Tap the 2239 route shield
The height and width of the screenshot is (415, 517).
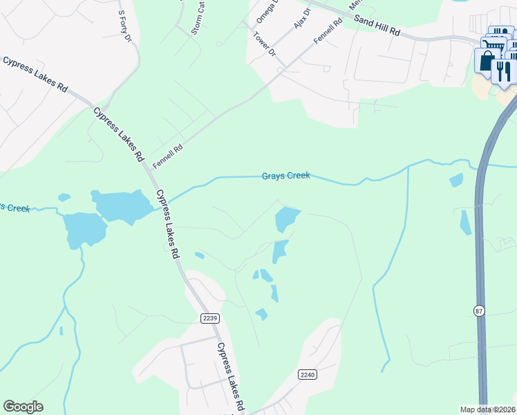(211, 317)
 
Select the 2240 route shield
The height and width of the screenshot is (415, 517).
(308, 374)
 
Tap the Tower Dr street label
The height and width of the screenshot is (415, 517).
(264, 44)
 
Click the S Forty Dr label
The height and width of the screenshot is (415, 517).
(124, 26)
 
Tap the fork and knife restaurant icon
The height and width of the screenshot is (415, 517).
(504, 70)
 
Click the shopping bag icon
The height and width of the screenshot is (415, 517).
(487, 61)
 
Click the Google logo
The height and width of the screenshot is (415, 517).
(23, 407)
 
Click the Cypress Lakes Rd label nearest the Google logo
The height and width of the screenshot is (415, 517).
(232, 376)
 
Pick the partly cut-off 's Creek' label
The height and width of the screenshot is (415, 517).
(15, 207)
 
